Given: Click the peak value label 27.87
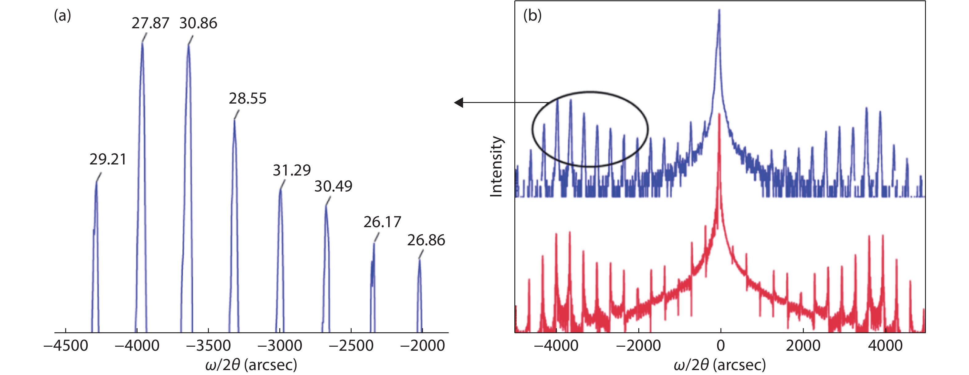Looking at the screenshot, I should coord(150,23).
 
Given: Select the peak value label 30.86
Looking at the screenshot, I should coord(198,23).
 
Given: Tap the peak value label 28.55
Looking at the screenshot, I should coord(248,98).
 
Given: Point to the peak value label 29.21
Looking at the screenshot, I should coord(108,159).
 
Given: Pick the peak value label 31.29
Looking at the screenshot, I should coord(292,171).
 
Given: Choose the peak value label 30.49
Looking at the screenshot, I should coord(333,186).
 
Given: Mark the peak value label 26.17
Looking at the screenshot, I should coord(382,222).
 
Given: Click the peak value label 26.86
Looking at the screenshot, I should coord(426,240).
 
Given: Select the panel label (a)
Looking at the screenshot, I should coord(62,16).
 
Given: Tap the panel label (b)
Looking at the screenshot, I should coord(532,16).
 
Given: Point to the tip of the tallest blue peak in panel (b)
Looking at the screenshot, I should coord(719,10).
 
